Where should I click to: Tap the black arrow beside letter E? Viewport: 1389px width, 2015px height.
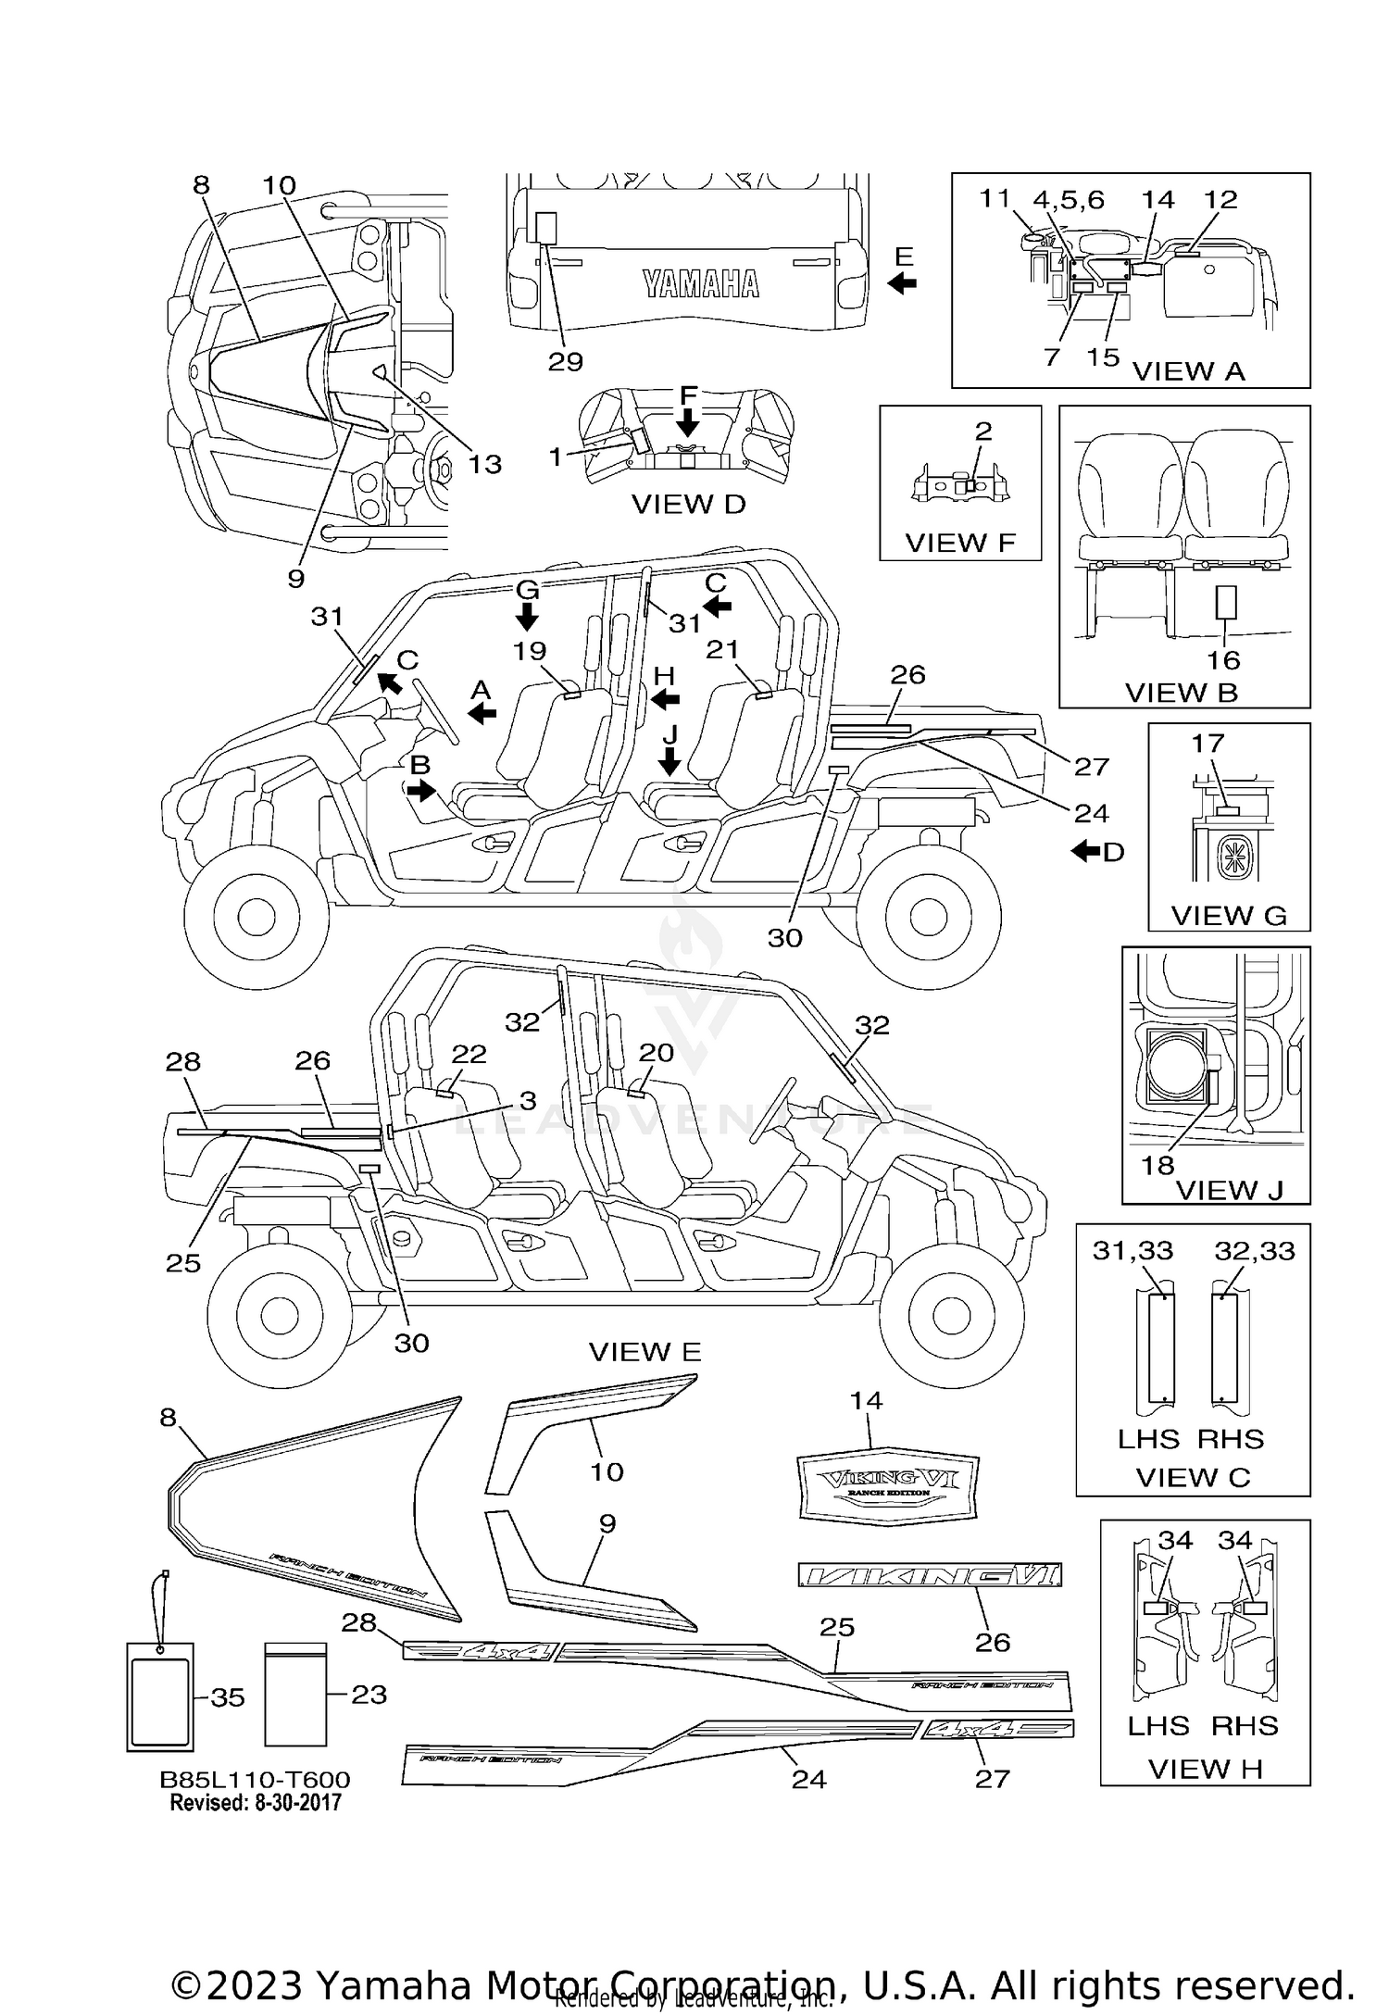[902, 283]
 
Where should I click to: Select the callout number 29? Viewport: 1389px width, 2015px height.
[565, 362]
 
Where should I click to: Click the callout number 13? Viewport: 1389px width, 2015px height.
[484, 463]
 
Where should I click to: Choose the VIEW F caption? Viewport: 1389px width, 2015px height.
[960, 542]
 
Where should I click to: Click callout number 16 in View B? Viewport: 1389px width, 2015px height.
[1223, 660]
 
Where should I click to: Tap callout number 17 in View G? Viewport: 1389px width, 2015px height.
[1208, 743]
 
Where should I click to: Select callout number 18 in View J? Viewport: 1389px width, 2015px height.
[1157, 1165]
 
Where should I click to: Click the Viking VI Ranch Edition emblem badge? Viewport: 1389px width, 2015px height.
[887, 1483]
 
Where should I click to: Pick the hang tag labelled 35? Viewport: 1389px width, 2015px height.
[160, 1696]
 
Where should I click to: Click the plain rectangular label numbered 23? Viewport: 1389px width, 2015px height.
[295, 1694]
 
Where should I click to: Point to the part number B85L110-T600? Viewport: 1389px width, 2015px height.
[255, 1780]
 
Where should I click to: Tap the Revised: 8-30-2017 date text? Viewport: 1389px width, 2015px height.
[255, 1802]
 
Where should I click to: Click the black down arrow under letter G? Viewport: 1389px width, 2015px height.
[527, 616]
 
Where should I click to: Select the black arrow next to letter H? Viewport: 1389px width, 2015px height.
[665, 700]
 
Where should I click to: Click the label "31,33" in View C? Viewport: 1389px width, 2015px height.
[1132, 1251]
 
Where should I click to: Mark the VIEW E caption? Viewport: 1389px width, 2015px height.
[644, 1352]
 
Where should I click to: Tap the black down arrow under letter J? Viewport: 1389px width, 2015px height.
[669, 762]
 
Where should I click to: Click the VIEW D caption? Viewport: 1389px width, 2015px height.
[688, 505]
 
